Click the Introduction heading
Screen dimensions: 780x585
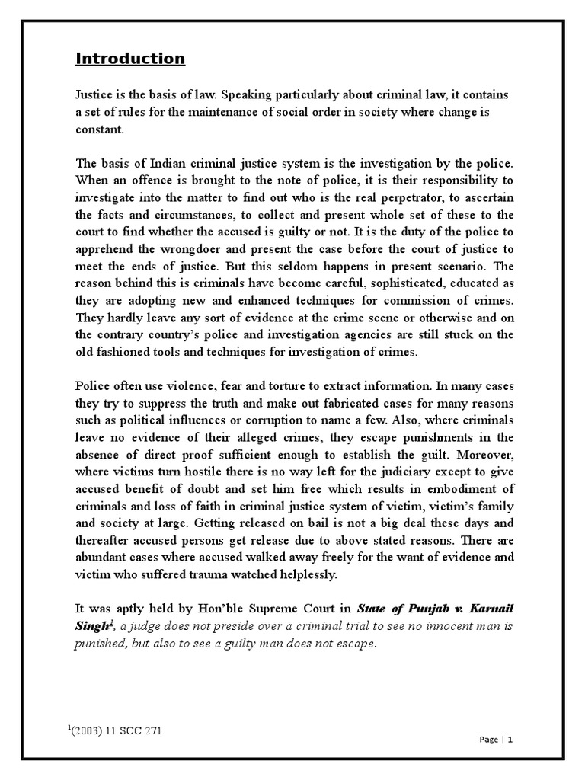click(129, 59)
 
